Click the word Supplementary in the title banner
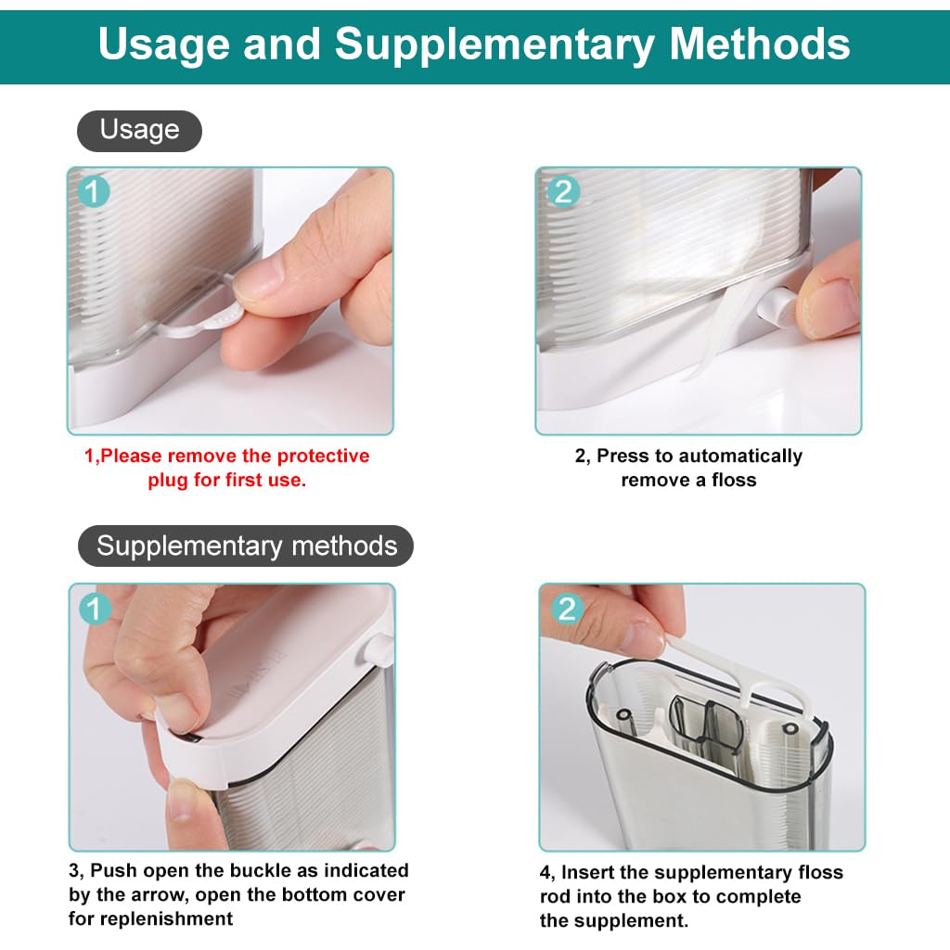[x=494, y=44]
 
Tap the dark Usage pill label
[x=139, y=130]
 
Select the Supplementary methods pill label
[x=246, y=546]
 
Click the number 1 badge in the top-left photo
[x=95, y=192]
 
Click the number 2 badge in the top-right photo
[x=563, y=192]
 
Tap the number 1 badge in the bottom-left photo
[x=96, y=609]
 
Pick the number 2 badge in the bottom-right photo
[x=567, y=609]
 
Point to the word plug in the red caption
[x=167, y=480]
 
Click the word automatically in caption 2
[x=740, y=456]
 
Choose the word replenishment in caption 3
[x=150, y=918]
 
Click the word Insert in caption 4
[x=590, y=872]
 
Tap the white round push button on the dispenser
[x=772, y=305]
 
